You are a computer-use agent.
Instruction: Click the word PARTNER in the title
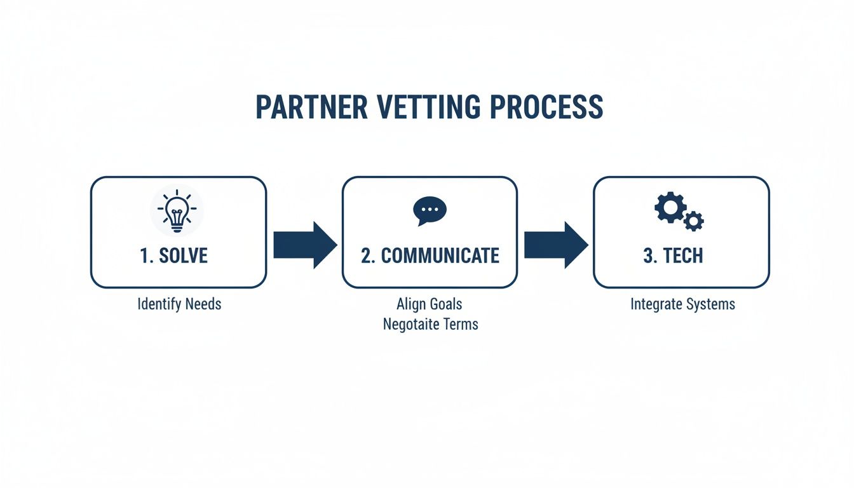311,107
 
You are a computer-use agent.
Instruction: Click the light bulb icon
177,210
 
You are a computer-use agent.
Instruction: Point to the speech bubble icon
430,210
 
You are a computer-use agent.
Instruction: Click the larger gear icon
670,208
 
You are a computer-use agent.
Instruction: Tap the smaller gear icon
694,221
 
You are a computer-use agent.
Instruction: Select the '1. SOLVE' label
173,255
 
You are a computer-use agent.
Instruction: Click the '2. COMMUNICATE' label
430,255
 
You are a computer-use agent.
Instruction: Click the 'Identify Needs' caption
179,304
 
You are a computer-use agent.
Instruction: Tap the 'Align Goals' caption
430,304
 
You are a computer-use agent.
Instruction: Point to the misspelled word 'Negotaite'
411,324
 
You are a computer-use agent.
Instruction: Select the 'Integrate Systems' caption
682,304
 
